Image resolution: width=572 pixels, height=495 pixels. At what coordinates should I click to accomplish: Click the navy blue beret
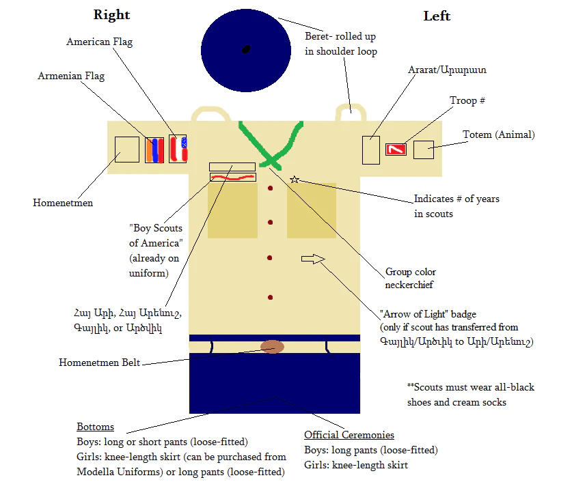click(246, 51)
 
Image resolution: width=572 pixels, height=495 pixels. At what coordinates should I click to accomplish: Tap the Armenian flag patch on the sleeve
click(154, 150)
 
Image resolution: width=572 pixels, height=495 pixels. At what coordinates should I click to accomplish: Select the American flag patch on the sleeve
click(178, 148)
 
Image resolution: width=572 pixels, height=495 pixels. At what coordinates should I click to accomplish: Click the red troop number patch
click(396, 150)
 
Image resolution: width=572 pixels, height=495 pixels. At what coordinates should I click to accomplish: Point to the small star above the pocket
click(295, 180)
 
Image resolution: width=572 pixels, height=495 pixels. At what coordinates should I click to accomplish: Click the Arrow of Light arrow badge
click(313, 259)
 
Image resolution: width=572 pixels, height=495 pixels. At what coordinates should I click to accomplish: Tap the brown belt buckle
click(272, 347)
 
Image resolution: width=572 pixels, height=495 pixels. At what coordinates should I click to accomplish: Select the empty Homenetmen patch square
click(127, 150)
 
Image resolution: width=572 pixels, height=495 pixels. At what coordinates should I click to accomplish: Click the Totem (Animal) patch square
click(424, 150)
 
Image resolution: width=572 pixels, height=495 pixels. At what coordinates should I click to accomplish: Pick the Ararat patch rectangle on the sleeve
click(371, 150)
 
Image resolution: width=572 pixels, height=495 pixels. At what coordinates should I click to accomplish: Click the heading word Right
click(111, 15)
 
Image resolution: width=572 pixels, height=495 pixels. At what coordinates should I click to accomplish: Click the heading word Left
click(437, 16)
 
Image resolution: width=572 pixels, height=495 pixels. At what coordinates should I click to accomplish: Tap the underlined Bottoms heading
click(95, 427)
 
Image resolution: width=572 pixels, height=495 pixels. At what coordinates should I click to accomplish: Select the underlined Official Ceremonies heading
click(349, 435)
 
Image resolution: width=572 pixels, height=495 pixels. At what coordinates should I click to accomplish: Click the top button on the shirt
click(271, 188)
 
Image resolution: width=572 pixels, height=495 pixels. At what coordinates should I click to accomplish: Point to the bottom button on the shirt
click(270, 298)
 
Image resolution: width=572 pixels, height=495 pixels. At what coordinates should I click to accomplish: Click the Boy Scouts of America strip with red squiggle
click(233, 177)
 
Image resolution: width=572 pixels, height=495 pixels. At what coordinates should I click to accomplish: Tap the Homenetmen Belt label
click(99, 363)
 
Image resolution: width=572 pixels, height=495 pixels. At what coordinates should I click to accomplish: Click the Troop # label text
click(467, 100)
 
